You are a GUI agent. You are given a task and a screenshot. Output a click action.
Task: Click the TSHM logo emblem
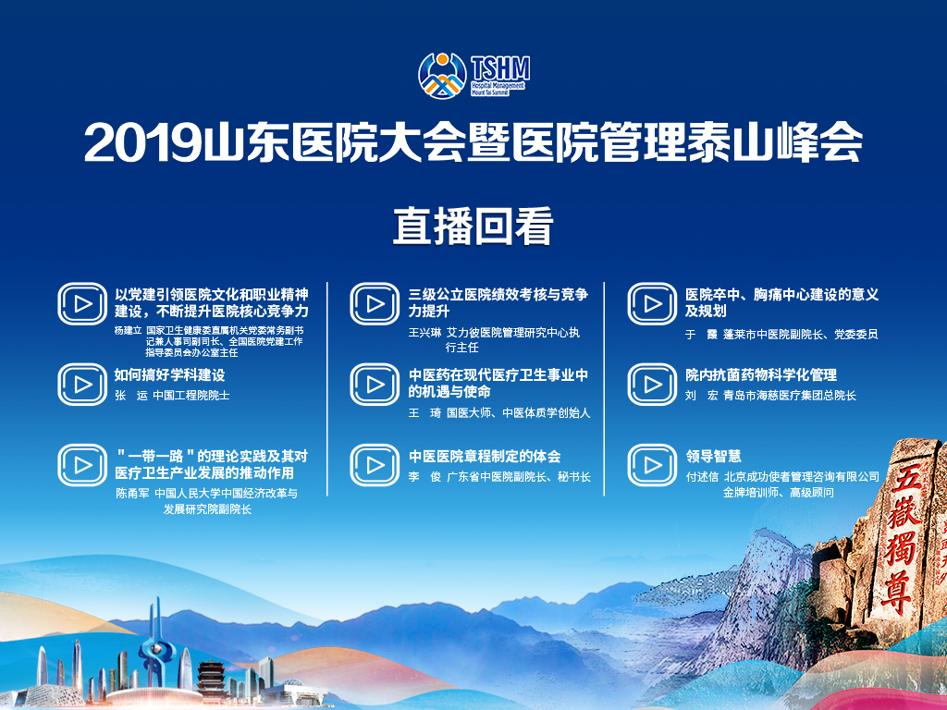pyautogui.click(x=443, y=75)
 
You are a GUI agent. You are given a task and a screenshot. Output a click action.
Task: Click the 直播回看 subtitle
pyautogui.click(x=473, y=227)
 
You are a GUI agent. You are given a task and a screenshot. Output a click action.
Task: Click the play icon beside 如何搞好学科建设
pyautogui.click(x=82, y=385)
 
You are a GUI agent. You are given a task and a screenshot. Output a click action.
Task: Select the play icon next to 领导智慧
pyautogui.click(x=652, y=466)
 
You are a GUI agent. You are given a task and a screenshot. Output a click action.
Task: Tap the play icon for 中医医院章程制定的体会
pyautogui.click(x=375, y=466)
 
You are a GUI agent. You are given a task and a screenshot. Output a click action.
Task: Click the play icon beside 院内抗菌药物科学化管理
pyautogui.click(x=652, y=385)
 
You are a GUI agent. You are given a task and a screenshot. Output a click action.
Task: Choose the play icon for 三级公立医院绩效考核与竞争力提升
pyautogui.click(x=375, y=303)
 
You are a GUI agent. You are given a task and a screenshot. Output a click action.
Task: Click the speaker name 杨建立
pyautogui.click(x=128, y=331)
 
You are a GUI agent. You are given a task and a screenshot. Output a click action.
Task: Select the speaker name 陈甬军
pyautogui.click(x=132, y=494)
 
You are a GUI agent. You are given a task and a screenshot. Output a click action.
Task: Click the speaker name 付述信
pyautogui.click(x=702, y=477)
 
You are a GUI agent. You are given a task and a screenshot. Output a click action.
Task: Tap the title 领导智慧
pyautogui.click(x=713, y=457)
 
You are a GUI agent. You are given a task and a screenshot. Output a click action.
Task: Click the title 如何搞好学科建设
pyautogui.click(x=170, y=375)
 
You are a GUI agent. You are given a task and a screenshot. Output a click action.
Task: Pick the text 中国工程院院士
pyautogui.click(x=191, y=396)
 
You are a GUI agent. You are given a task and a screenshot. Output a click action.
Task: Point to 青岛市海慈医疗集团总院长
pyautogui.click(x=790, y=396)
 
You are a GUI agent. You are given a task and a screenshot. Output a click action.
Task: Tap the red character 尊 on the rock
pyautogui.click(x=895, y=590)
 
